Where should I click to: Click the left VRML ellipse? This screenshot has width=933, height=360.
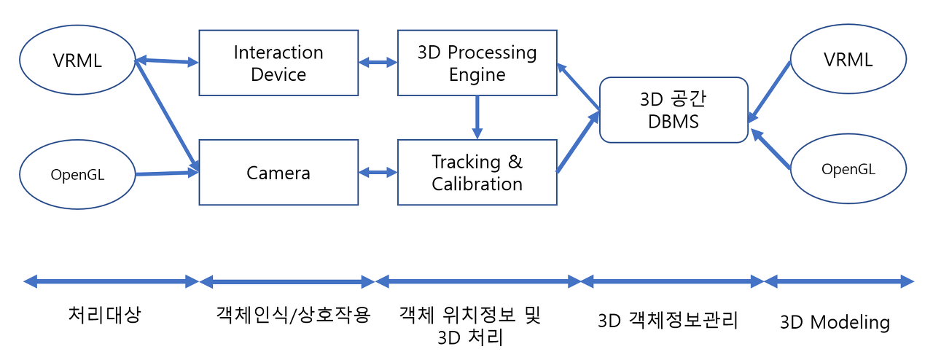(x=77, y=60)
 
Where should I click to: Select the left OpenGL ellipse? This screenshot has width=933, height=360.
(x=77, y=174)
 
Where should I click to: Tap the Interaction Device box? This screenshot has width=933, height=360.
(x=278, y=63)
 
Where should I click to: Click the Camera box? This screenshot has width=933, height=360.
(x=278, y=173)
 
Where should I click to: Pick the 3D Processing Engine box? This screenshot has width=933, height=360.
(x=477, y=63)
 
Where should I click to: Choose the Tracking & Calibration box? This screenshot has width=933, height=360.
(x=477, y=173)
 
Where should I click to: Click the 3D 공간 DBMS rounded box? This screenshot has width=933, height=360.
(x=674, y=110)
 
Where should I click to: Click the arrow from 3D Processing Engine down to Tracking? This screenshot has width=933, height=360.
(x=477, y=117)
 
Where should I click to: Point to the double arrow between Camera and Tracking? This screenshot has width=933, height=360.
(x=378, y=173)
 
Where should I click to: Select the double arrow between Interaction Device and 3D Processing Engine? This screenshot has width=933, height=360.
(x=378, y=63)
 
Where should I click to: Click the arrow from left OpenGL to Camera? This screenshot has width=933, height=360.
(x=168, y=173)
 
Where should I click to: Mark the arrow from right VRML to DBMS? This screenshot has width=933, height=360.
(x=770, y=91)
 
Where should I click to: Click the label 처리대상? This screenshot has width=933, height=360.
(x=104, y=315)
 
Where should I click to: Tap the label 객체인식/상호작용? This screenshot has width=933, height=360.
(x=293, y=315)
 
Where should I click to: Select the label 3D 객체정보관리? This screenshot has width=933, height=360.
(x=668, y=320)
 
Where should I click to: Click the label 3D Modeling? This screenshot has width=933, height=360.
(x=835, y=322)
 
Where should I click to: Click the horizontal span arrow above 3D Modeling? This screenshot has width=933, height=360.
(x=839, y=281)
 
